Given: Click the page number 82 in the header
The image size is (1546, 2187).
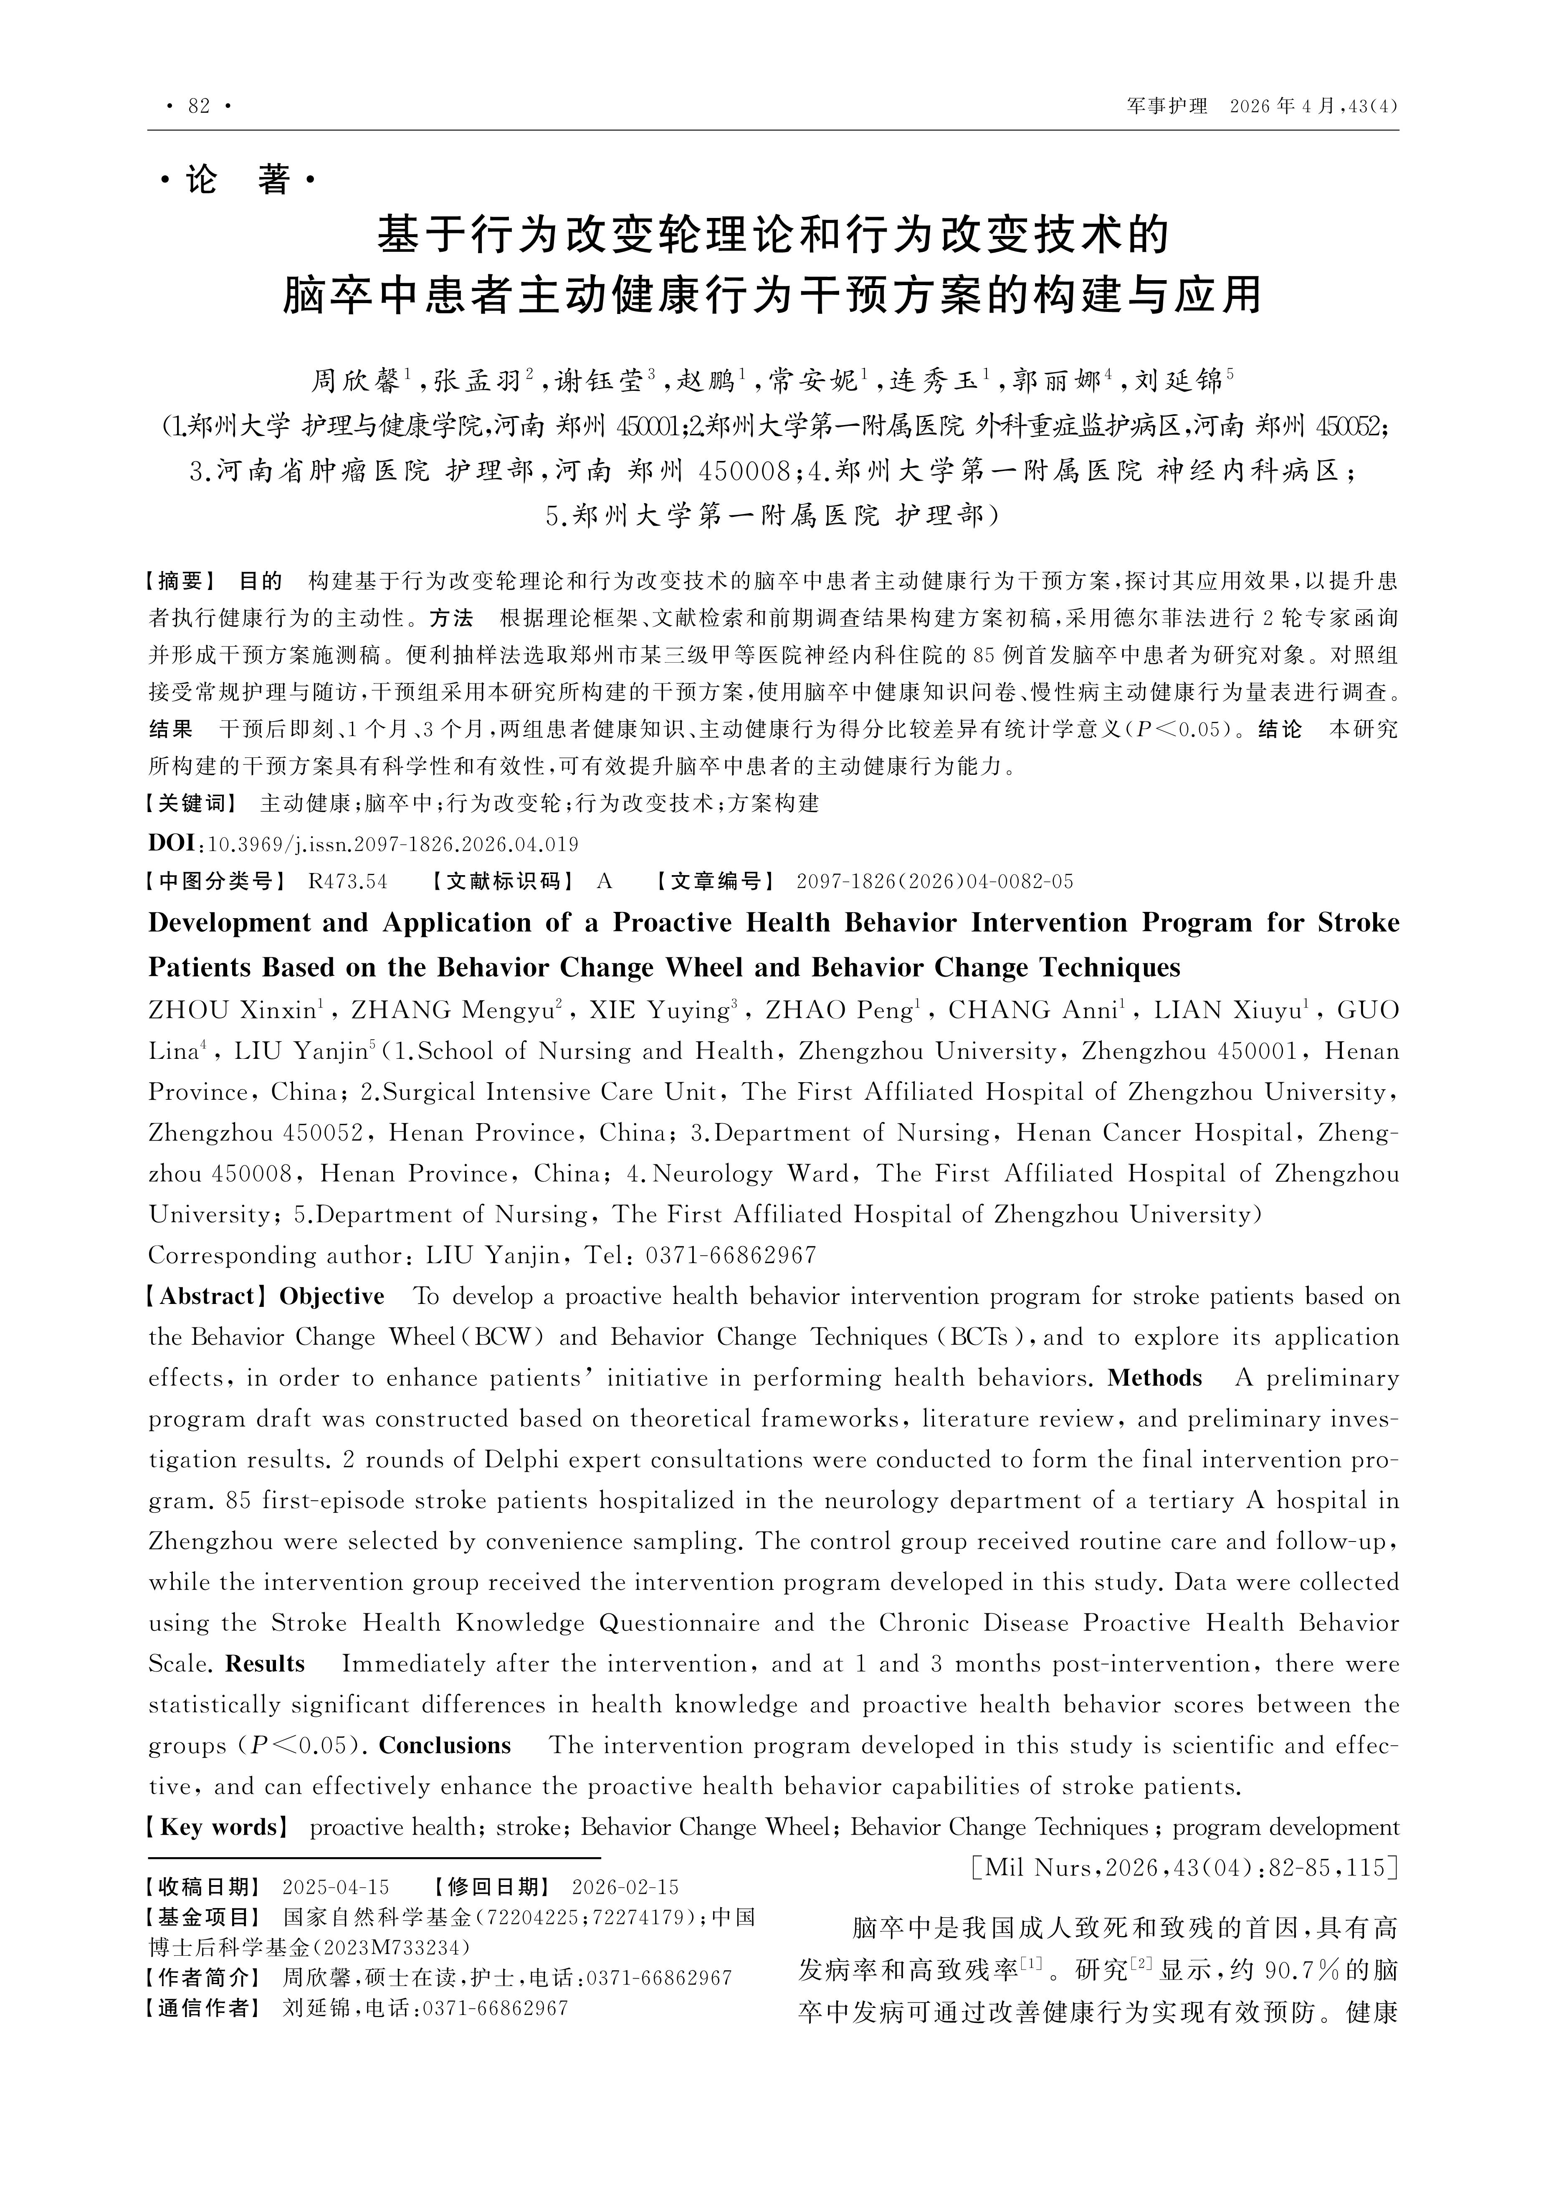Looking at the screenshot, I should coord(199,107).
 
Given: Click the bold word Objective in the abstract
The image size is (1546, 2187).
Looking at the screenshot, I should coord(331,1296).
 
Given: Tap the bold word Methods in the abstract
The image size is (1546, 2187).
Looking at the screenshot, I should coord(1154,1378).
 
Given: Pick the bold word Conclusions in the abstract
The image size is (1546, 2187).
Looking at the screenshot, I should coord(445,1746).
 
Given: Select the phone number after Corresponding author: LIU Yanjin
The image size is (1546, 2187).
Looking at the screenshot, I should coord(731,1255).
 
